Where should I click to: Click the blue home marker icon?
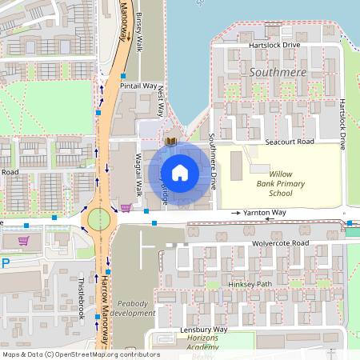(180, 172)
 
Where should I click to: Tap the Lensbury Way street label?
(203, 330)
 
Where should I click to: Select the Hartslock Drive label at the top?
(274, 46)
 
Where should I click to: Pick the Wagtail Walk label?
(138, 174)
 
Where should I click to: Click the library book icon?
(170, 142)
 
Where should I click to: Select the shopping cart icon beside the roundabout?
(126, 208)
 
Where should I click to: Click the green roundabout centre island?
(98, 218)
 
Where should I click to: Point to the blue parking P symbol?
(6, 263)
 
